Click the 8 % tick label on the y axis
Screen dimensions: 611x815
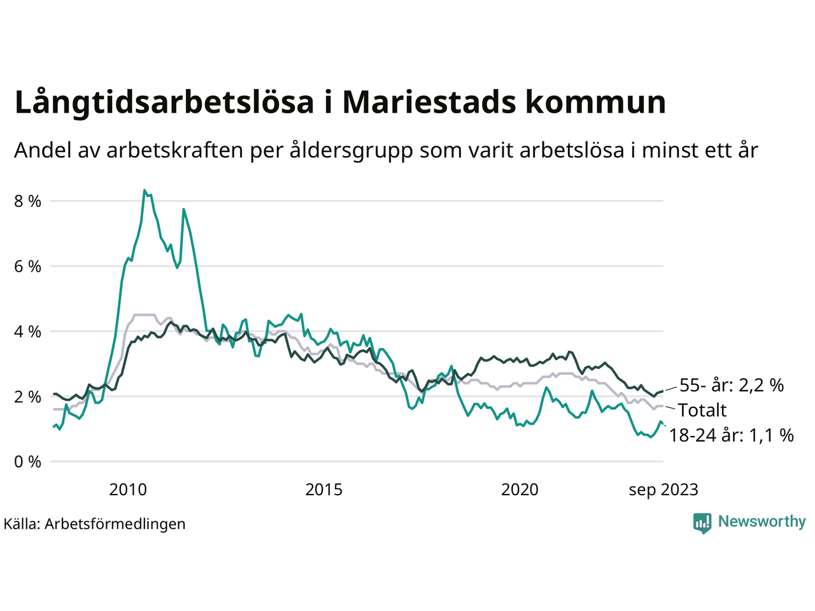(27, 201)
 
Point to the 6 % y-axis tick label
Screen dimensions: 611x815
(27, 267)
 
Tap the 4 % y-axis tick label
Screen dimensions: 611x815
(27, 332)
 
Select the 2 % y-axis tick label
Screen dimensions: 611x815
(27, 397)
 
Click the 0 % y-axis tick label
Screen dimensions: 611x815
(27, 462)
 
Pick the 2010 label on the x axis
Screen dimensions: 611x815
(128, 489)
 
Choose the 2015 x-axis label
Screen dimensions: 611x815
(324, 489)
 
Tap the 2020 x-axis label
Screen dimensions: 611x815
(520, 489)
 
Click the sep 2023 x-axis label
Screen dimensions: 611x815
(663, 489)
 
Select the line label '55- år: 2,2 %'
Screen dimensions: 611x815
(732, 385)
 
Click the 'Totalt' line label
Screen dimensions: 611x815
(702, 410)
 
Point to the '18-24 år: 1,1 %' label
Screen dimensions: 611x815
(732, 435)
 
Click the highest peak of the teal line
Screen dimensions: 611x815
(145, 190)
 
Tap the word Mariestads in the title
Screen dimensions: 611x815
(428, 102)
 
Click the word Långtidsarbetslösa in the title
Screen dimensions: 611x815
(164, 102)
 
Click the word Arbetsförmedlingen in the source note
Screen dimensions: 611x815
(115, 524)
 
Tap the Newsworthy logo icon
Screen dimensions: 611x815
(702, 523)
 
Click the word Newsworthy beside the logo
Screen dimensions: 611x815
(762, 522)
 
